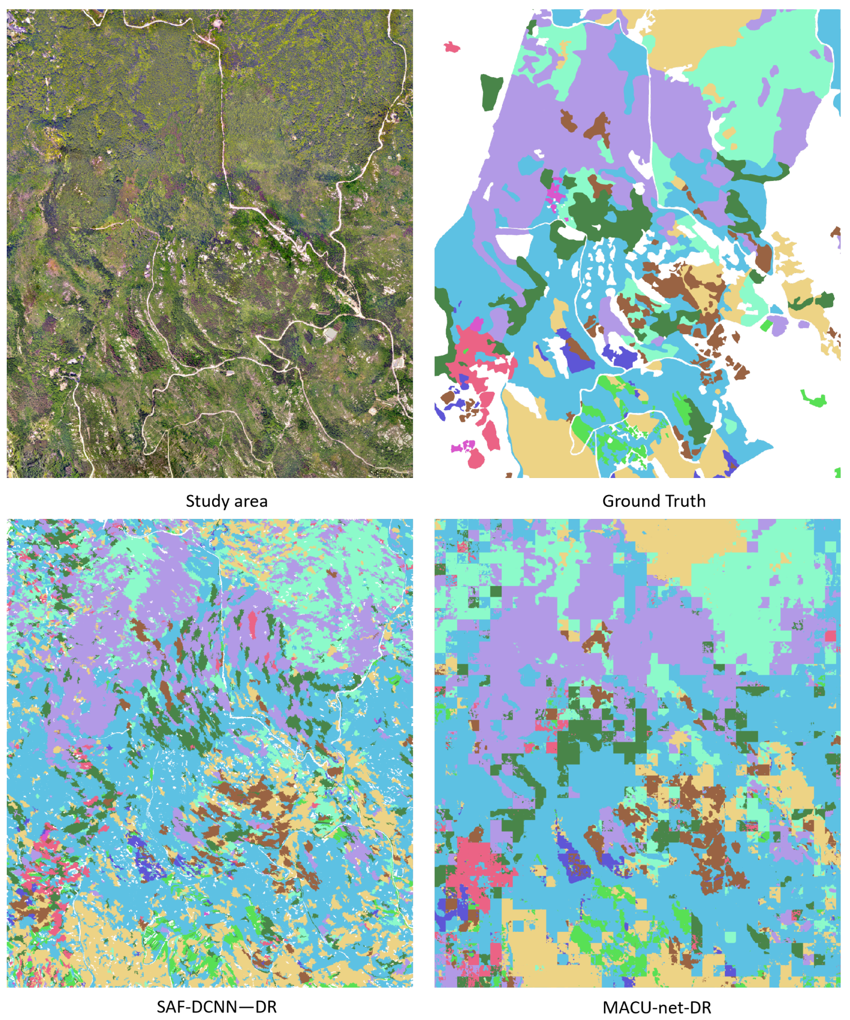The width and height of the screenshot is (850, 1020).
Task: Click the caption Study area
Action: (x=227, y=501)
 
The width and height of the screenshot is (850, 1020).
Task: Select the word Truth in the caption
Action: (x=685, y=501)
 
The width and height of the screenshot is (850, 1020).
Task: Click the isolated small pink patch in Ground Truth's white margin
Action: (x=452, y=47)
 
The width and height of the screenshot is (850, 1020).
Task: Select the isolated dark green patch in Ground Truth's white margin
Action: (x=491, y=91)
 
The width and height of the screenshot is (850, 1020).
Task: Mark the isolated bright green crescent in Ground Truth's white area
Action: (x=814, y=399)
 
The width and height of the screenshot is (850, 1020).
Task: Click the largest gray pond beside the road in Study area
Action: (x=331, y=334)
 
